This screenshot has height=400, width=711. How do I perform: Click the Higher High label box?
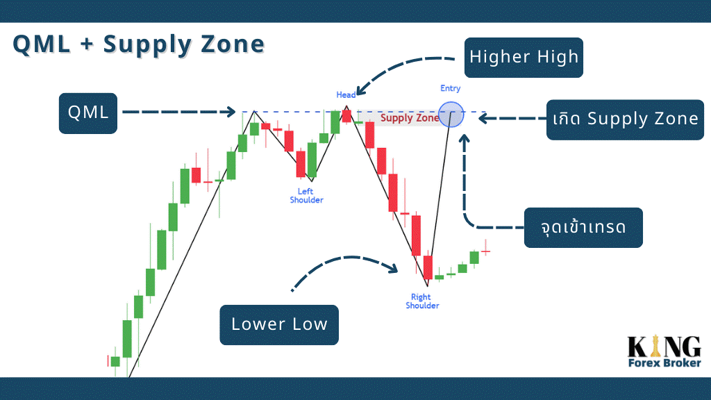click(x=524, y=58)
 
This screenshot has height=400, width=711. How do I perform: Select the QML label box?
click(x=88, y=113)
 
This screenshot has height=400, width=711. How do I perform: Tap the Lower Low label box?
click(x=279, y=325)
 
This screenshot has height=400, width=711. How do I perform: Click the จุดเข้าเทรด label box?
click(x=583, y=228)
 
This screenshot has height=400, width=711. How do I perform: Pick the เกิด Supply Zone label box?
click(x=626, y=119)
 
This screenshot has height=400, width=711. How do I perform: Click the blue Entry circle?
click(x=451, y=115)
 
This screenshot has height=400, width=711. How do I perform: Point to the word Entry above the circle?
click(x=450, y=88)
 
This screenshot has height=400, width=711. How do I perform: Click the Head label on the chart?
click(x=346, y=94)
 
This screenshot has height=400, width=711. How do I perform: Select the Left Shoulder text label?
click(x=306, y=195)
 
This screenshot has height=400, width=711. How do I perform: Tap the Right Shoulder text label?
click(x=422, y=301)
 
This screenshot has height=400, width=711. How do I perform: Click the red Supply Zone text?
click(x=410, y=118)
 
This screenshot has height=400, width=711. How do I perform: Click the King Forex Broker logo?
click(x=664, y=351)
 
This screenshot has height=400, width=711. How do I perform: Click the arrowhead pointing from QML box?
click(x=231, y=112)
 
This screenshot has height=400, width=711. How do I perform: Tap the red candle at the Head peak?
click(x=346, y=116)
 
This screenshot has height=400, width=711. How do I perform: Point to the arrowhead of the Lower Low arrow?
click(x=393, y=268)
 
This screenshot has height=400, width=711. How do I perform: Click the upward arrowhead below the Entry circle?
click(x=464, y=138)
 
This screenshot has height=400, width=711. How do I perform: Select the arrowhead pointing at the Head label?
click(x=361, y=91)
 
